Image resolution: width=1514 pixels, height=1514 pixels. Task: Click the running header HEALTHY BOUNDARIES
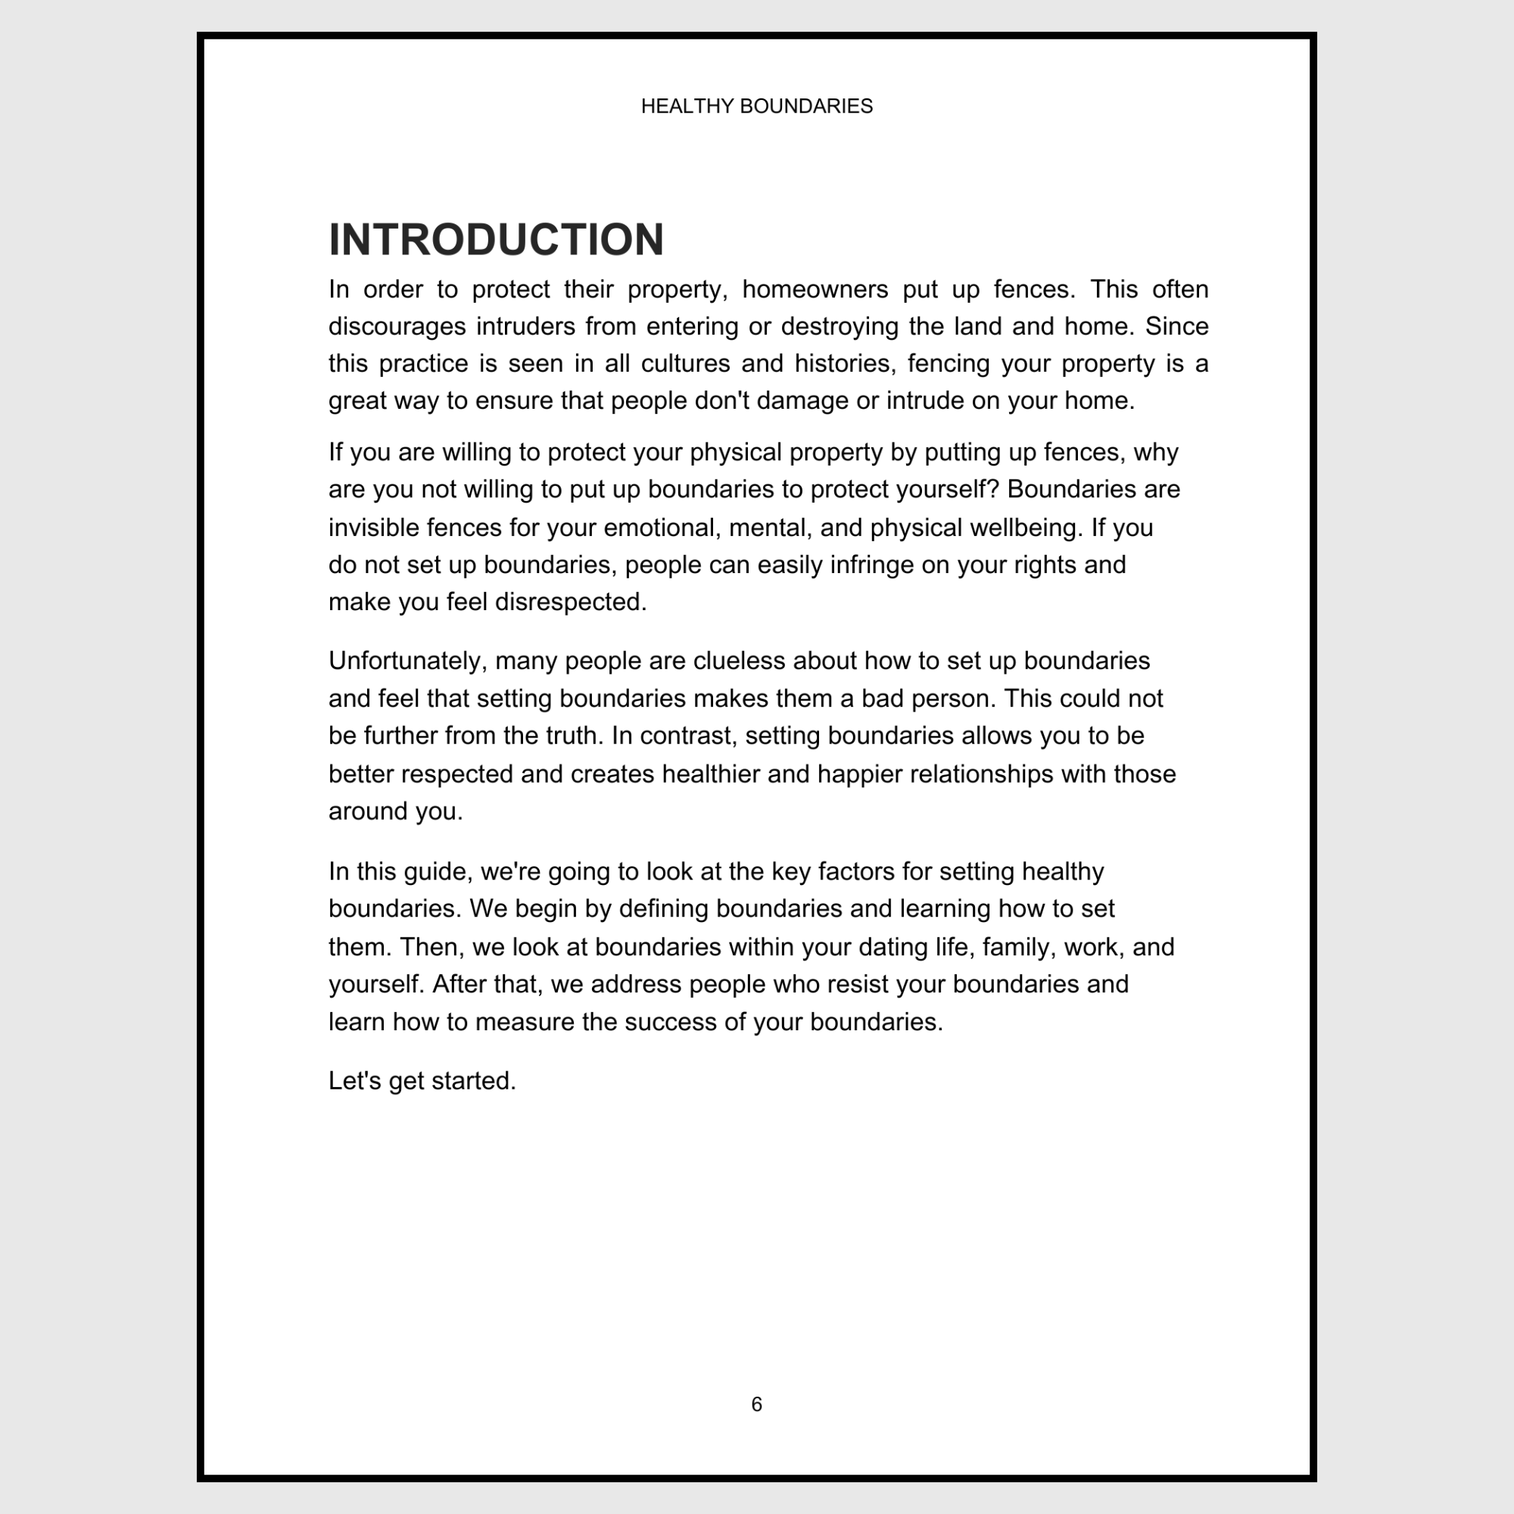[x=756, y=107]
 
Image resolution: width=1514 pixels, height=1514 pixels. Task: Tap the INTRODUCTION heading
[x=496, y=239]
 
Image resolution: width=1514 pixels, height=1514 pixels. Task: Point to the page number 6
[x=756, y=1404]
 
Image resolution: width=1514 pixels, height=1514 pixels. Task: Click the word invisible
[x=372, y=528]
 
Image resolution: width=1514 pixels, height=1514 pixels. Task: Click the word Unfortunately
[x=407, y=661]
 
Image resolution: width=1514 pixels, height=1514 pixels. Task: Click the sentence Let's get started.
[x=422, y=1081]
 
